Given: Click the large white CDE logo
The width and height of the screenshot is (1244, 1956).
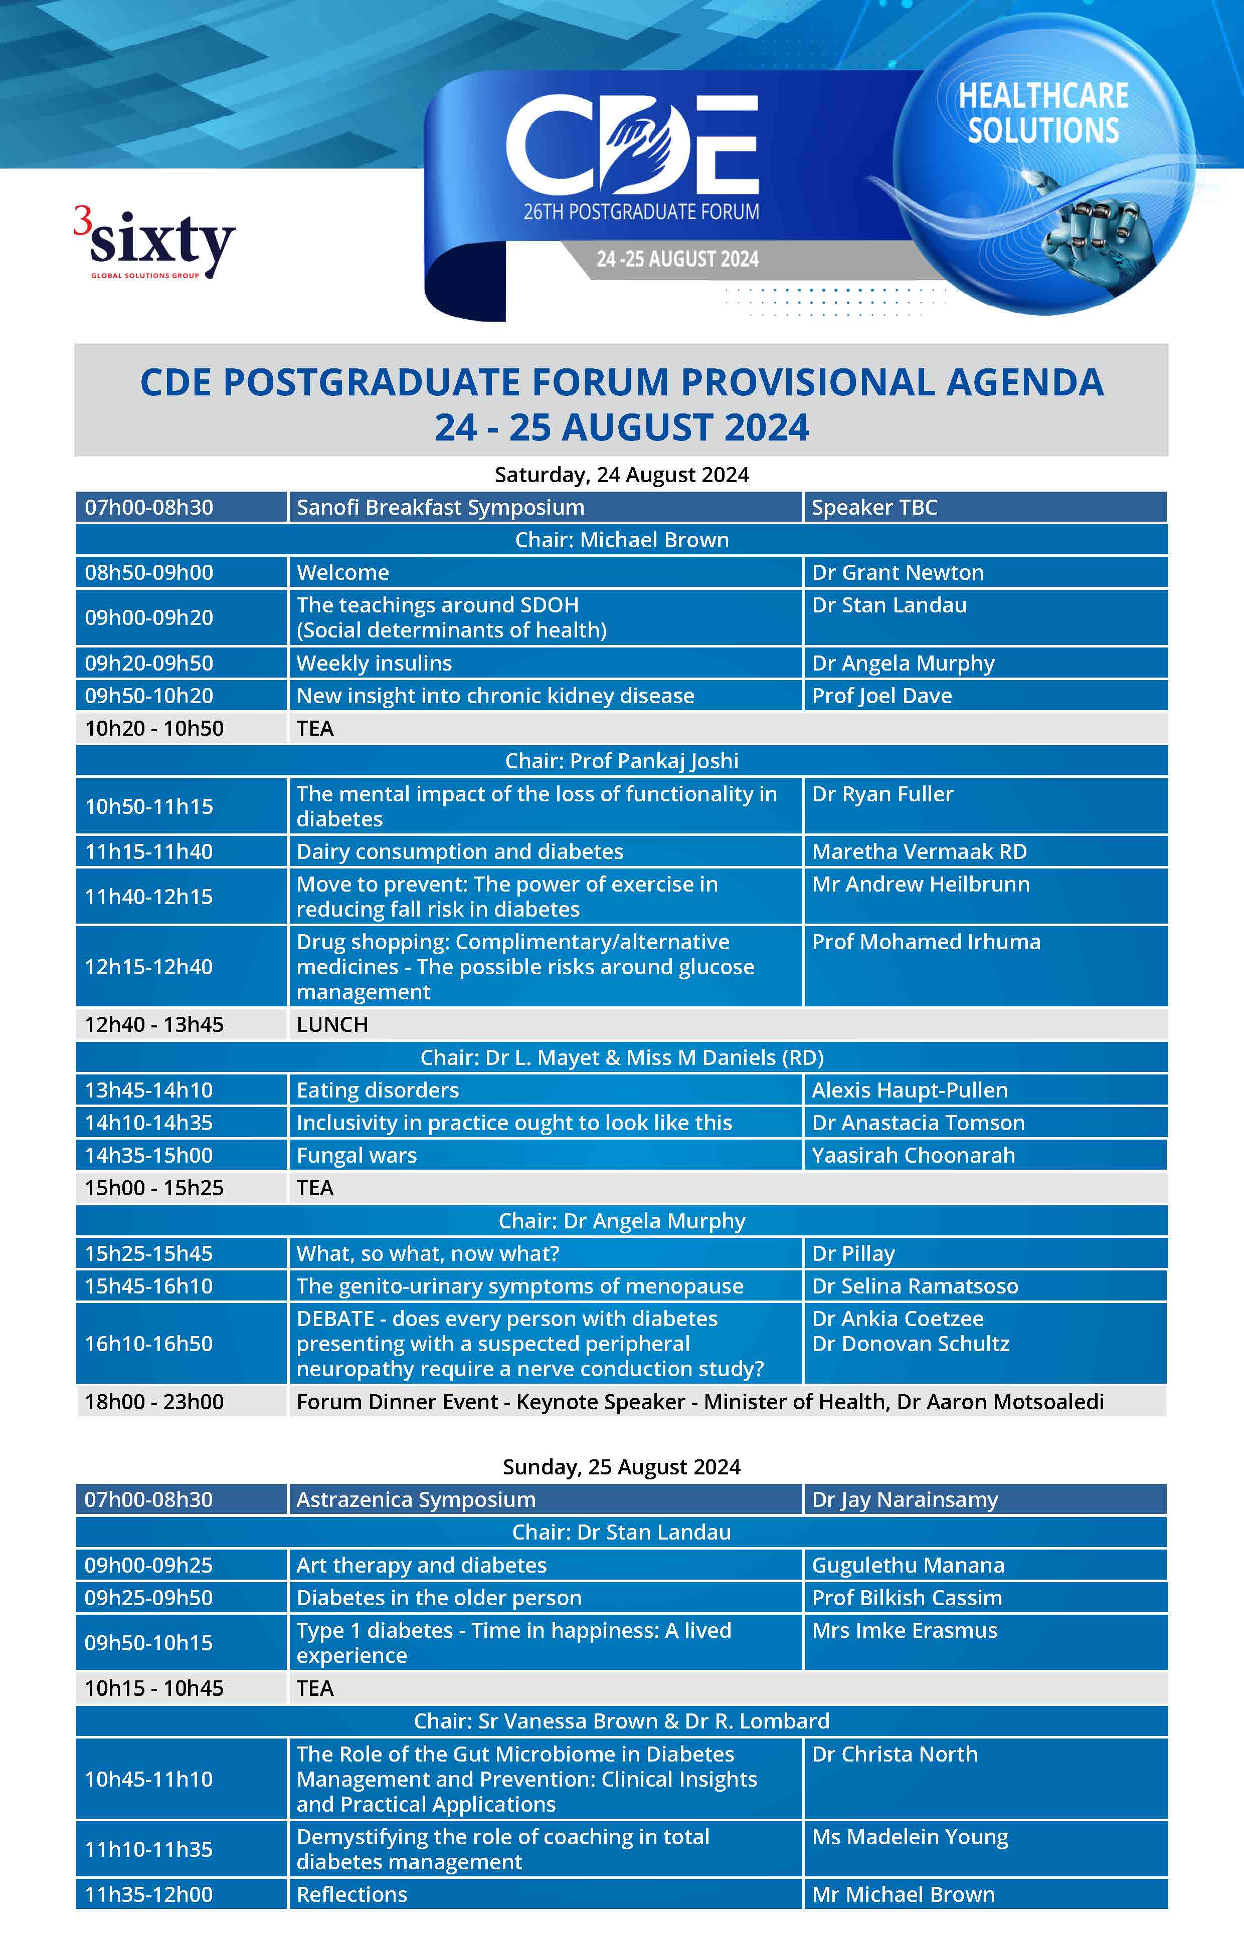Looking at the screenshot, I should pos(632,146).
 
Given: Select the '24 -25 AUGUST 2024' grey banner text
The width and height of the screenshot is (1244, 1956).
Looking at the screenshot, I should pos(677,259).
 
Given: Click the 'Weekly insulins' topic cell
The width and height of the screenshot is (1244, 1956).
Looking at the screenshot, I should pos(374,663).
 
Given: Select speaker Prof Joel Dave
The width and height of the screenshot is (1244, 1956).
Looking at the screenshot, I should pos(881,695).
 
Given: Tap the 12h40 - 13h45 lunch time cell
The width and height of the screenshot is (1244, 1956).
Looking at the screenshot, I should pos(154,1024).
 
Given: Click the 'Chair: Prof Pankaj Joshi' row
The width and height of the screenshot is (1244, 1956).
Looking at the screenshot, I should pos(622,760).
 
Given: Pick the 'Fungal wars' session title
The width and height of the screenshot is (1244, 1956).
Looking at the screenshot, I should pos(357,1155).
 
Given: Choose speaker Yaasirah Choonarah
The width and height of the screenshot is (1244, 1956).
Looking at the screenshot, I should pos(913,1155).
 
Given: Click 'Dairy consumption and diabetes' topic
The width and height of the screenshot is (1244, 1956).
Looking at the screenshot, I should pos(460,851).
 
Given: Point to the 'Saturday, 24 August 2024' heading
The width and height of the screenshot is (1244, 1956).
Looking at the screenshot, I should pos(622,475).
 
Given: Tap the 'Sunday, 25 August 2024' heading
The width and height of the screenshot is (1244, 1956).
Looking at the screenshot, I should pos(622,1466).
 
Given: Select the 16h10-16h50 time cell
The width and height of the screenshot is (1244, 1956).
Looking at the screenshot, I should pos(149,1344).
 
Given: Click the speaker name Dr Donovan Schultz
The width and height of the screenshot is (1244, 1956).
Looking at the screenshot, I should pos(911,1344).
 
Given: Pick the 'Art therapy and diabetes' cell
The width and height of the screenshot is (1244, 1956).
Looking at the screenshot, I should pos(422,1565).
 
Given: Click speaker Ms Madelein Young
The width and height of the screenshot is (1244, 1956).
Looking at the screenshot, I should pos(910,1837).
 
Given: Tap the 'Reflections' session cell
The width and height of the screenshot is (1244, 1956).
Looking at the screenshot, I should pos(352,1894).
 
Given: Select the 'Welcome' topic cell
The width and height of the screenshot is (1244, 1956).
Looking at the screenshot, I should pos(343,572).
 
